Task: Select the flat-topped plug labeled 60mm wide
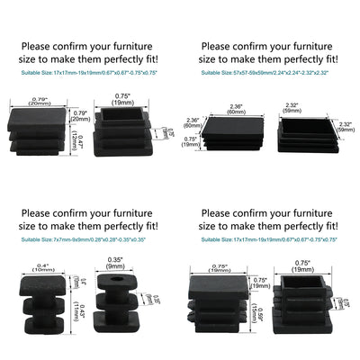pos(232,135)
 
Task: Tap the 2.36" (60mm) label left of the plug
pos(193,123)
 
